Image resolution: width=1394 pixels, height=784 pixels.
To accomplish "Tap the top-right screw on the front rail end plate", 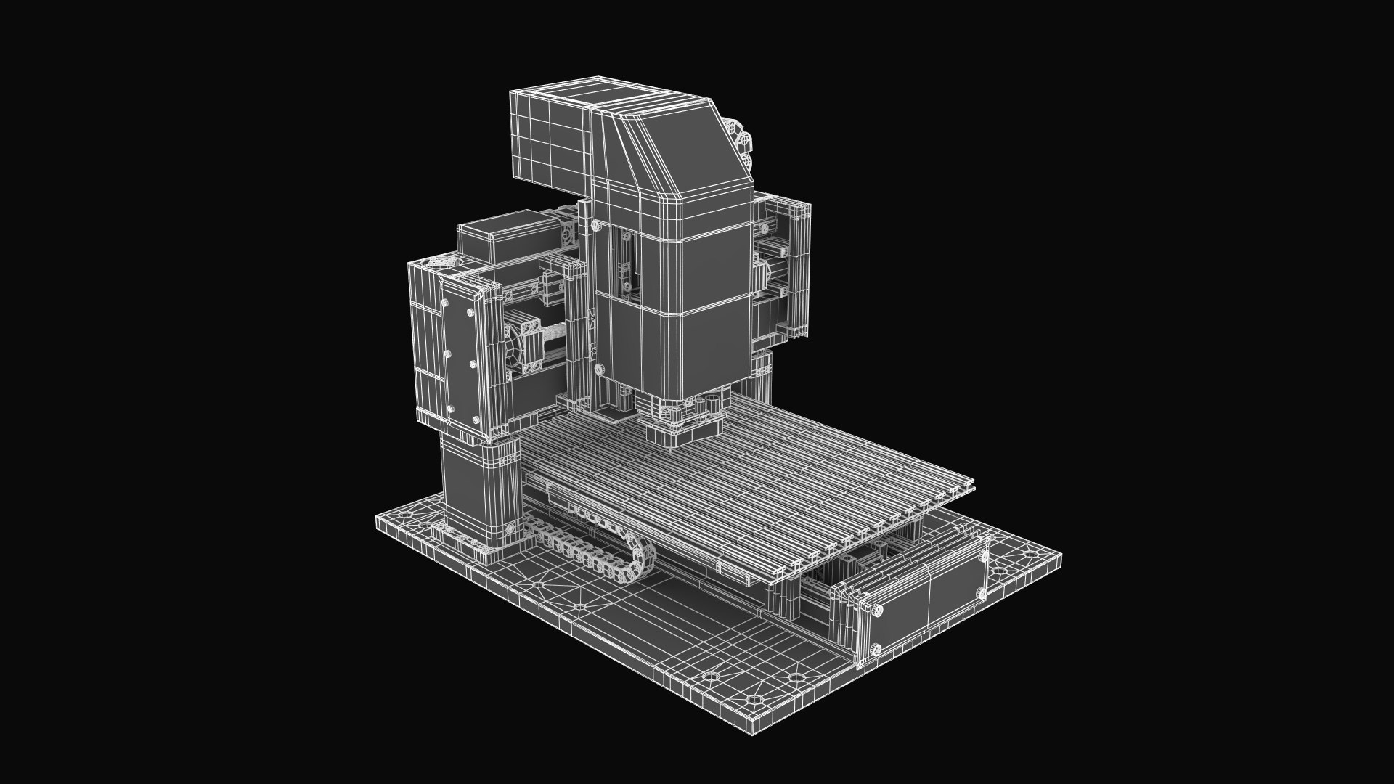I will pos(982,558).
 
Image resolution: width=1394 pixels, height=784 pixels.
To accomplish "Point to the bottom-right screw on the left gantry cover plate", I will pos(477,418).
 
